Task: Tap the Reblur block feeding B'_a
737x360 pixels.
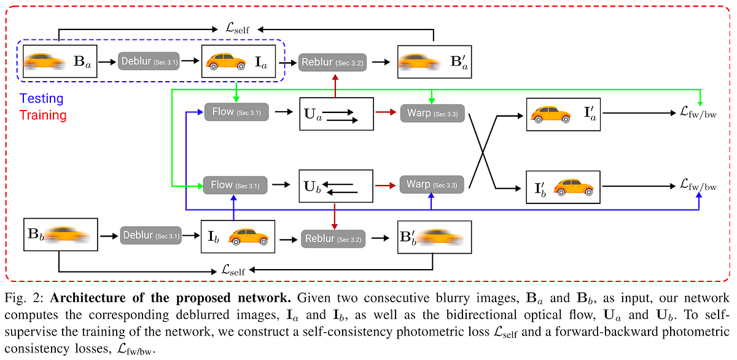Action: pos(332,63)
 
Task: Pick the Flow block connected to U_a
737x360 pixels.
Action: pos(236,112)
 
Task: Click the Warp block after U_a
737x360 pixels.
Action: pos(432,113)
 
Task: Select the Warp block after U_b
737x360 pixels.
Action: pos(432,184)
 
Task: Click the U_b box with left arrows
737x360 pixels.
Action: pos(336,184)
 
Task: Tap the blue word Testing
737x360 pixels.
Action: pos(41,98)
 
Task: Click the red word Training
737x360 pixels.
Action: pos(43,115)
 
